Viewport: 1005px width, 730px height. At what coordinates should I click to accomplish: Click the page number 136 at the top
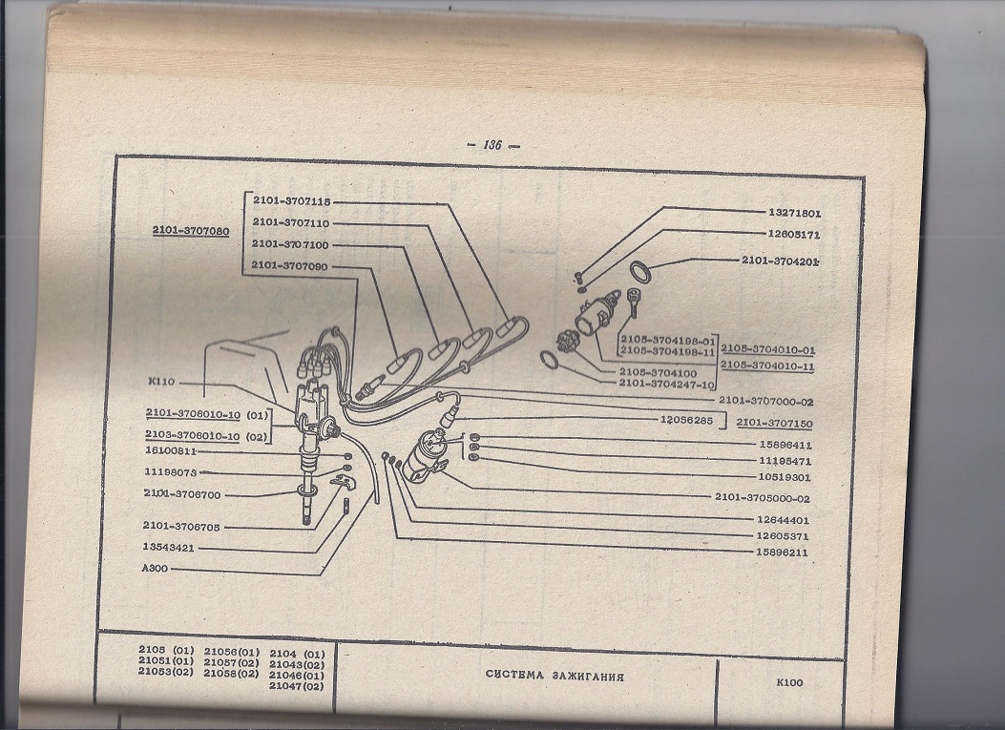tap(492, 145)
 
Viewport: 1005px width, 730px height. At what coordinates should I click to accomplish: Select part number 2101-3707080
tap(190, 231)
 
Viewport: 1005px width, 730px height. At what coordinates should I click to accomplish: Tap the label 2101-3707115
tap(292, 200)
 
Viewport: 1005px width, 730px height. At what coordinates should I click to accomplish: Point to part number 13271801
tap(794, 213)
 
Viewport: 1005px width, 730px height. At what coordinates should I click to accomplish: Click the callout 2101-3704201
tap(781, 261)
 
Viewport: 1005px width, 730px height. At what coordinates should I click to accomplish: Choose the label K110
tap(161, 382)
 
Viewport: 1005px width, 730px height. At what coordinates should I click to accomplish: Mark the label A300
tap(155, 568)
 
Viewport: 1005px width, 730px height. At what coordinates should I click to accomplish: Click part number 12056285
tap(686, 421)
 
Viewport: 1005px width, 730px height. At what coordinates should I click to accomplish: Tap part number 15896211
tap(782, 552)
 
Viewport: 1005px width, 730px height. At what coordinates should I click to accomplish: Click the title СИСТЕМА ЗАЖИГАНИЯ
tap(555, 676)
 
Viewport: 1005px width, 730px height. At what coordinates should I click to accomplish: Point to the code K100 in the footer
tap(789, 682)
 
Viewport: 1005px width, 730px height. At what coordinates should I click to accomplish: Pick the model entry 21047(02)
tap(296, 686)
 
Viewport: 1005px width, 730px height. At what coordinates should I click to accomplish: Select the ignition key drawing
tap(633, 302)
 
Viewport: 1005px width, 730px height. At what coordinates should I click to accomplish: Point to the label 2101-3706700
tap(182, 494)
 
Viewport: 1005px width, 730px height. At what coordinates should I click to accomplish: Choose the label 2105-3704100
tap(658, 372)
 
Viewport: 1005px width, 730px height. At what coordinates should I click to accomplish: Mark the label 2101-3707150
tap(774, 424)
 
